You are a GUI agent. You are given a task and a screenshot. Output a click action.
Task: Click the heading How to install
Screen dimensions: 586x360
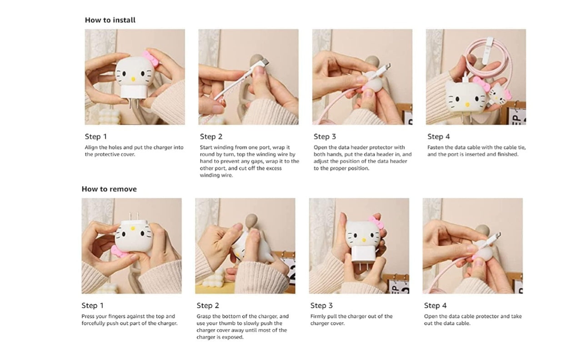coord(110,20)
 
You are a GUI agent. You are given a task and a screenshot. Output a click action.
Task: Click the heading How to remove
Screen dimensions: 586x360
coord(109,189)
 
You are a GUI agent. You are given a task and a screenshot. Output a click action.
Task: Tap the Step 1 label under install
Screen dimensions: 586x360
coord(96,136)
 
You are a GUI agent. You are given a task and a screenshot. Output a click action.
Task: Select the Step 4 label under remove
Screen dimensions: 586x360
coord(436,305)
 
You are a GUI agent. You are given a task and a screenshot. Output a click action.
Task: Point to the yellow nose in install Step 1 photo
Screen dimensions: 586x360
coord(133,79)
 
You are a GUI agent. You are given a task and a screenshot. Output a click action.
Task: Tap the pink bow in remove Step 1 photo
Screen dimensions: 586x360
coord(119,252)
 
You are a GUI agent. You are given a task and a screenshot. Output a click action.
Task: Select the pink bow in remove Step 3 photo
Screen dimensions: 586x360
coord(376,223)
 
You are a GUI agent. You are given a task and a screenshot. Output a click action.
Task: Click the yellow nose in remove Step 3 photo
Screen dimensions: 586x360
coord(363,240)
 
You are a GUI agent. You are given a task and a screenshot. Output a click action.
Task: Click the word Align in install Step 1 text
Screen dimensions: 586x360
coord(91,148)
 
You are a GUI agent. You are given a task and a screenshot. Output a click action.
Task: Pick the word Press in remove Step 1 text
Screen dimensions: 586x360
coord(88,316)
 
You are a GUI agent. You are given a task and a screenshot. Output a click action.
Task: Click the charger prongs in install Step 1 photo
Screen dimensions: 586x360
coord(133,103)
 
